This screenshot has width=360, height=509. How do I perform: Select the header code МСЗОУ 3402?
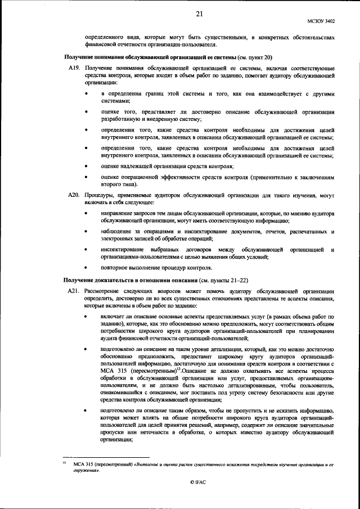tap(323, 21)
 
